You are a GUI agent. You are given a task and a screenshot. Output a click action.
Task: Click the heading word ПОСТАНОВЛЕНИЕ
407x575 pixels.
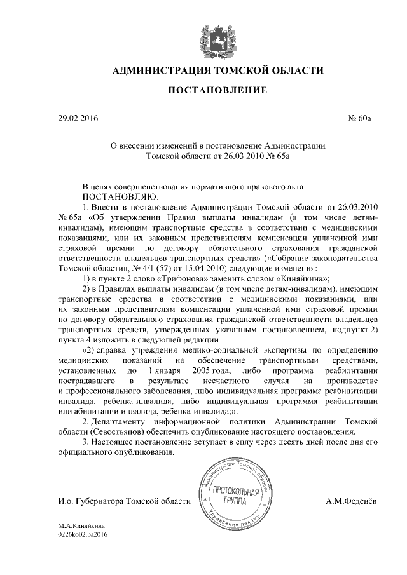pyautogui.click(x=217, y=91)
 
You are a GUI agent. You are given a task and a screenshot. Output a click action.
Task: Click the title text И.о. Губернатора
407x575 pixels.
pyautogui.click(x=90, y=502)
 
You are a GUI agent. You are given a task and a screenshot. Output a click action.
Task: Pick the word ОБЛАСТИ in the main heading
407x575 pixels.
pyautogui.click(x=294, y=69)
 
